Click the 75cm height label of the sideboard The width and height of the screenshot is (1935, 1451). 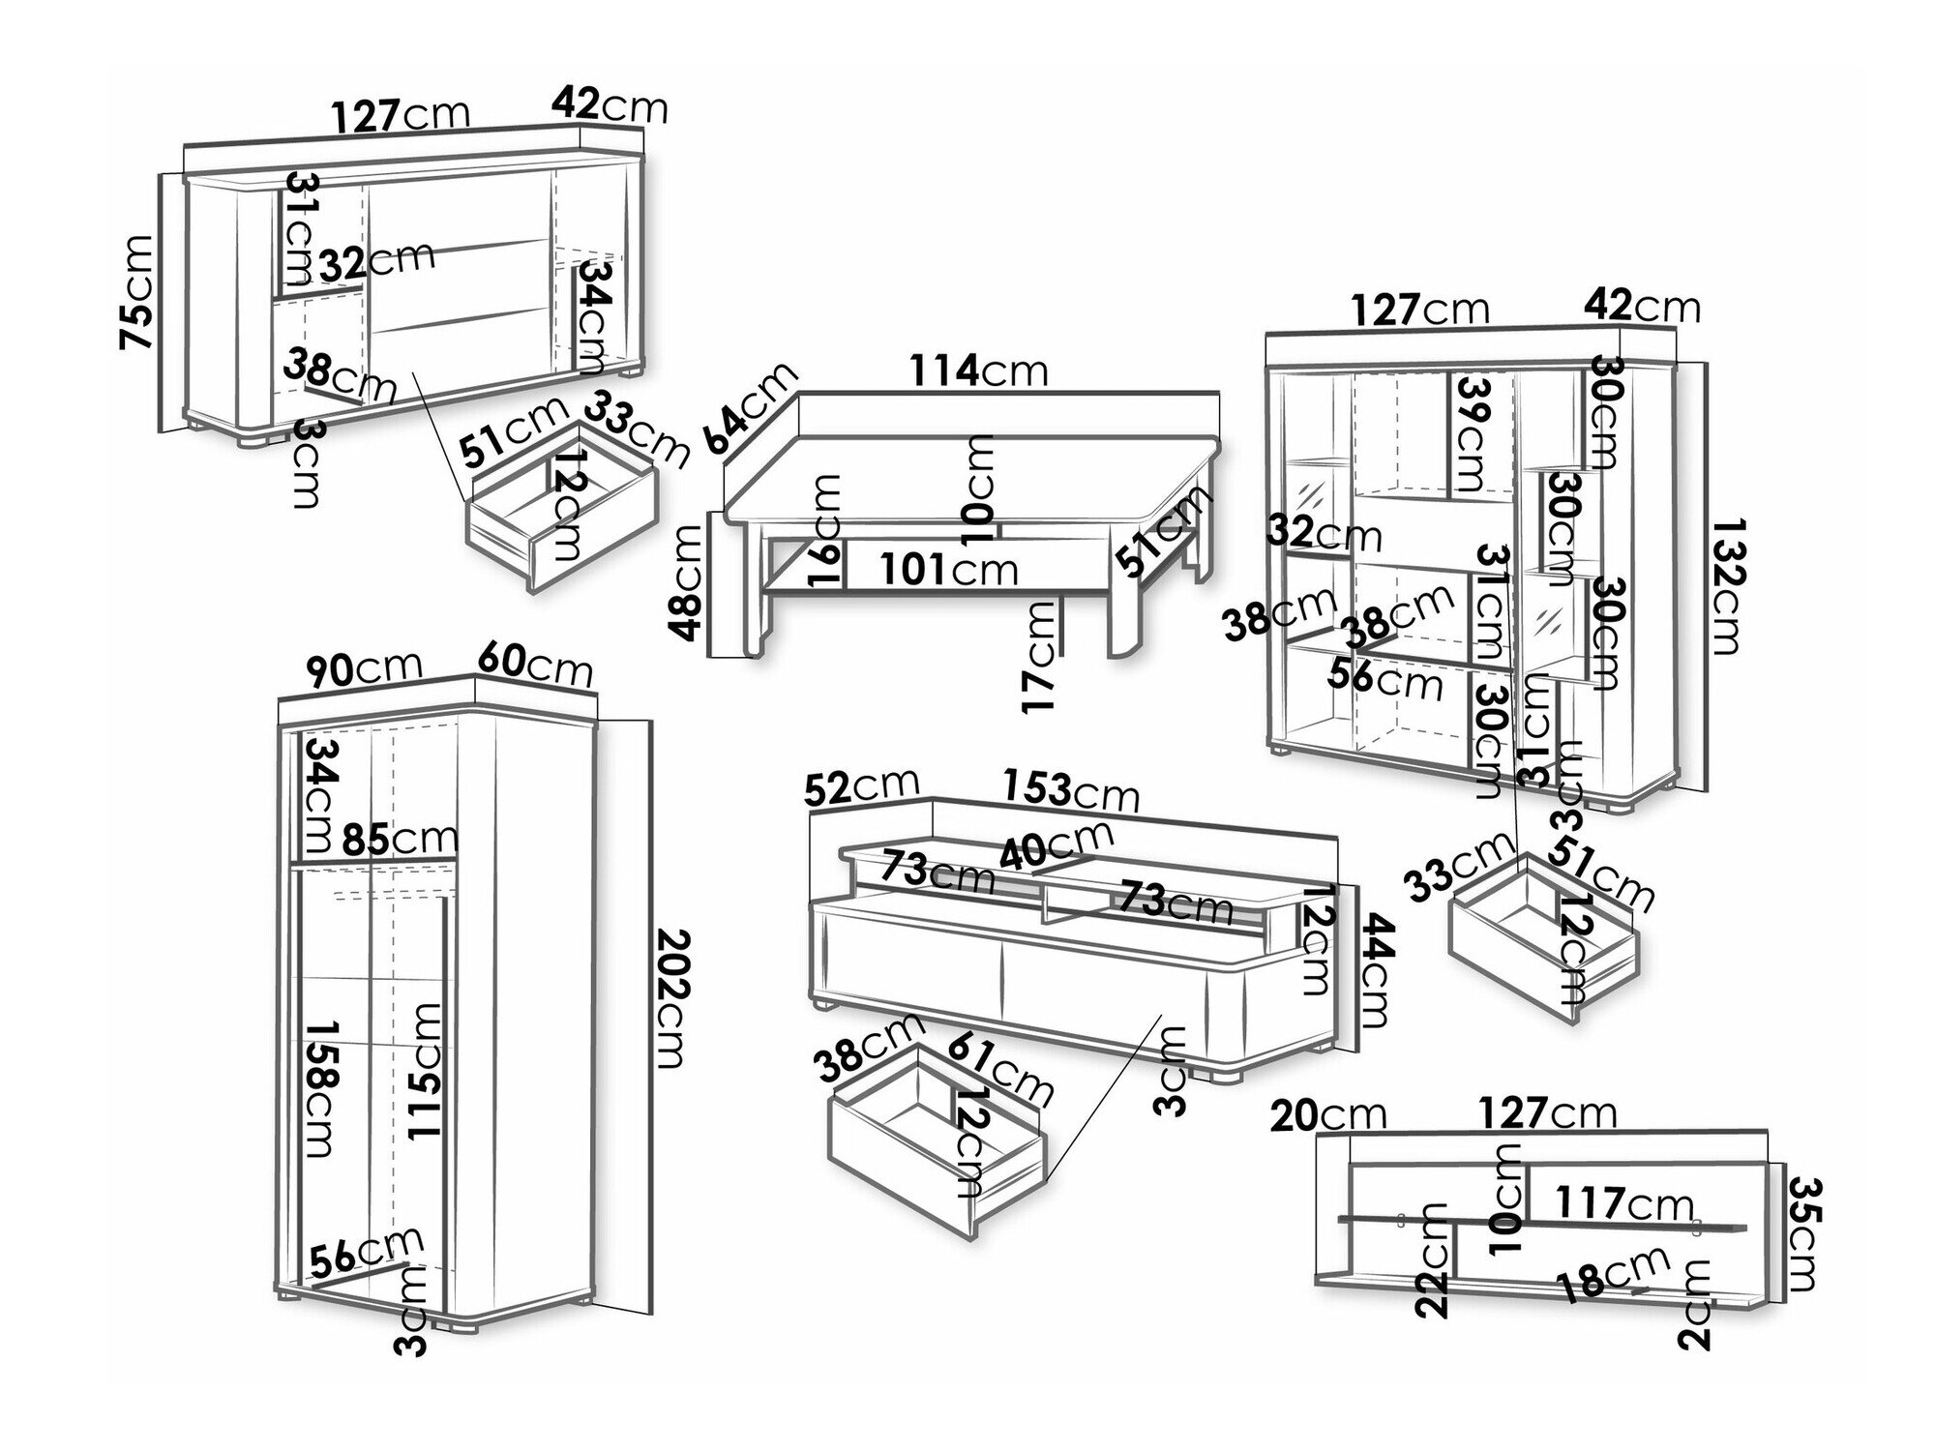click(136, 291)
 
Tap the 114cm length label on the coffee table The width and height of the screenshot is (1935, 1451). click(979, 370)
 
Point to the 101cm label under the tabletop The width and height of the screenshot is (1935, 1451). click(949, 570)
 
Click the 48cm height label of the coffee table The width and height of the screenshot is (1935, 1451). click(688, 581)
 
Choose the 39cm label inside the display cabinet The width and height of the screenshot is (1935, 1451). click(1473, 433)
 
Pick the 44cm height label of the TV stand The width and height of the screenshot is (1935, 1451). click(1375, 970)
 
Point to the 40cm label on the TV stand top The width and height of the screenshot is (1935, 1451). click(1057, 844)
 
